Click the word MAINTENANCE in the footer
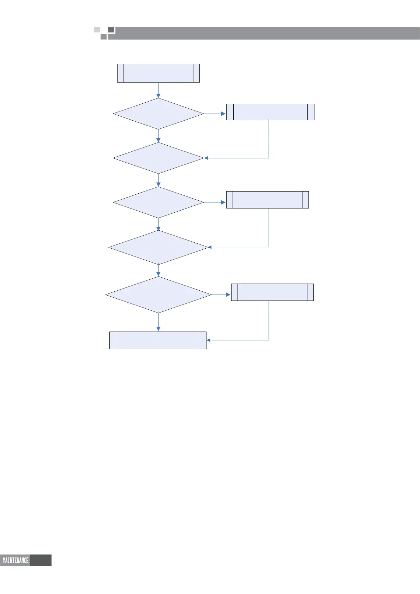point(16,560)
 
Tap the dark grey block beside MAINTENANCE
point(41,560)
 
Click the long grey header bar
point(265,33)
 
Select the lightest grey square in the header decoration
point(97,30)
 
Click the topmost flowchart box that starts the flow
point(158,73)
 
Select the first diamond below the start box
point(158,114)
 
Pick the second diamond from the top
point(158,158)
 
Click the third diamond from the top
point(158,202)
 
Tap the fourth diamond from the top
point(158,247)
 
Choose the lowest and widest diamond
point(158,295)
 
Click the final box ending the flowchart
point(158,340)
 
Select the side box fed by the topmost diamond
point(270,112)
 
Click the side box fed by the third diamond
point(267,200)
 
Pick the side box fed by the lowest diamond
point(272,292)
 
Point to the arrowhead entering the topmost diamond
point(158,96)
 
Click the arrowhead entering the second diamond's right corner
point(206,158)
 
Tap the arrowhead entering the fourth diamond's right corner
point(210,247)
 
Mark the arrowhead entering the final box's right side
point(209,340)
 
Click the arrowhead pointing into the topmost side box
point(223,114)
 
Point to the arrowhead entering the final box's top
point(158,329)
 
